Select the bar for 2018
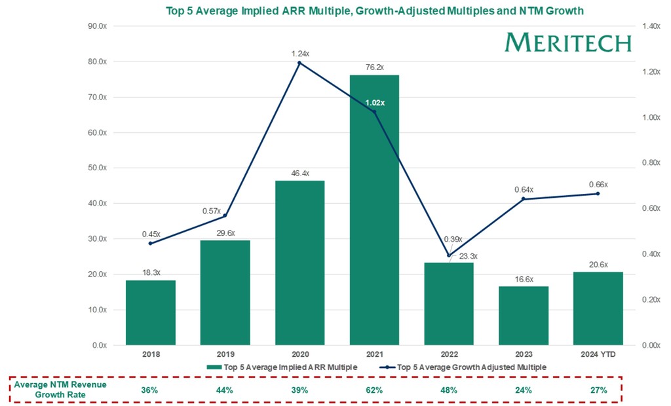[x=151, y=312]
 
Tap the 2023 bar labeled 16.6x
[x=523, y=315]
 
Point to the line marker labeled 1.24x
[x=299, y=63]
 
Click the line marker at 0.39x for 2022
[x=449, y=255]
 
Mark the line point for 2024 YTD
[x=598, y=194]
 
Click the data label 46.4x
[x=299, y=173]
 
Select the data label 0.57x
[x=210, y=211]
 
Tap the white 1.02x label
[x=374, y=103]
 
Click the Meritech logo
[x=567, y=43]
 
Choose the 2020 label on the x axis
[x=299, y=354]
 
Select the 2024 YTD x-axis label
[x=598, y=354]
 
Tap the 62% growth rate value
[x=374, y=390]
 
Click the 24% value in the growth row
[x=523, y=390]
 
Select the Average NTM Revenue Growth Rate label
[x=60, y=390]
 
